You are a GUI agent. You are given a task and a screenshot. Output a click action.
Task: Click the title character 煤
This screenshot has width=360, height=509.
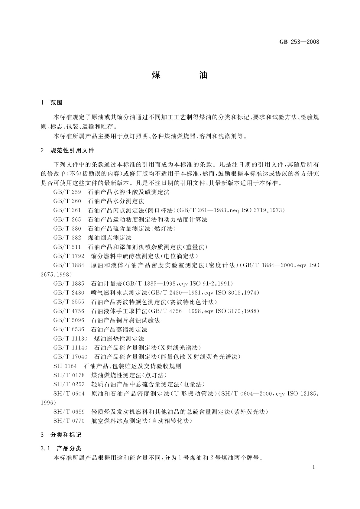pos(156,75)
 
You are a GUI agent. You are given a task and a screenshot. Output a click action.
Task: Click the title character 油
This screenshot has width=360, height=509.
pos(203,75)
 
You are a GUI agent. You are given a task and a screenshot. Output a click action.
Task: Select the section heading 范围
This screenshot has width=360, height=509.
pos(57,103)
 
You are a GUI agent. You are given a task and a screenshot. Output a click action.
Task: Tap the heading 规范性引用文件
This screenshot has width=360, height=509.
pos(72,150)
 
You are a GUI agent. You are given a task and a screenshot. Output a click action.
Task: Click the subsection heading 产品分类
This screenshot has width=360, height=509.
pos(69,449)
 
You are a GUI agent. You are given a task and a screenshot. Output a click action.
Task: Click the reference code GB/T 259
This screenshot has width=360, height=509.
pos(67,192)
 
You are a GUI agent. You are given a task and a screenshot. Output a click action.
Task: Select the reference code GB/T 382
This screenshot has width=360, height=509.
pos(67,238)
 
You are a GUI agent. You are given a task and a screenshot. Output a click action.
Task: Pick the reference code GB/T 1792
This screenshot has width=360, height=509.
pos(69,256)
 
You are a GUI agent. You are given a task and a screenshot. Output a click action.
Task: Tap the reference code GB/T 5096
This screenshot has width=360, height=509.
pos(69,320)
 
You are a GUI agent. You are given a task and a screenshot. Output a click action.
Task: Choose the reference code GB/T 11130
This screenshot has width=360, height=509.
pos(70,339)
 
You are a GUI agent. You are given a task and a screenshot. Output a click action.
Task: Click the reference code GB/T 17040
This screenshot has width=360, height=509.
pos(70,357)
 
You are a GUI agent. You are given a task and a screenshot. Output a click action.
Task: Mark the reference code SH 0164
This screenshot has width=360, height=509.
pos(65,366)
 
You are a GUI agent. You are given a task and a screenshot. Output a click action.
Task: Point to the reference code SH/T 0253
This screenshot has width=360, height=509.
pos(69,384)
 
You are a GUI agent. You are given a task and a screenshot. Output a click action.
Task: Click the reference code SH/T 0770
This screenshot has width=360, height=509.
pos(69,421)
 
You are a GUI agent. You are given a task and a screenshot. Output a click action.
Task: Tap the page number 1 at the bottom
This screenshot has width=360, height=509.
pos(314,467)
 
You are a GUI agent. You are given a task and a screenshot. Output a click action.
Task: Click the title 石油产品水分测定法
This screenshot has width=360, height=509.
pos(116,201)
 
